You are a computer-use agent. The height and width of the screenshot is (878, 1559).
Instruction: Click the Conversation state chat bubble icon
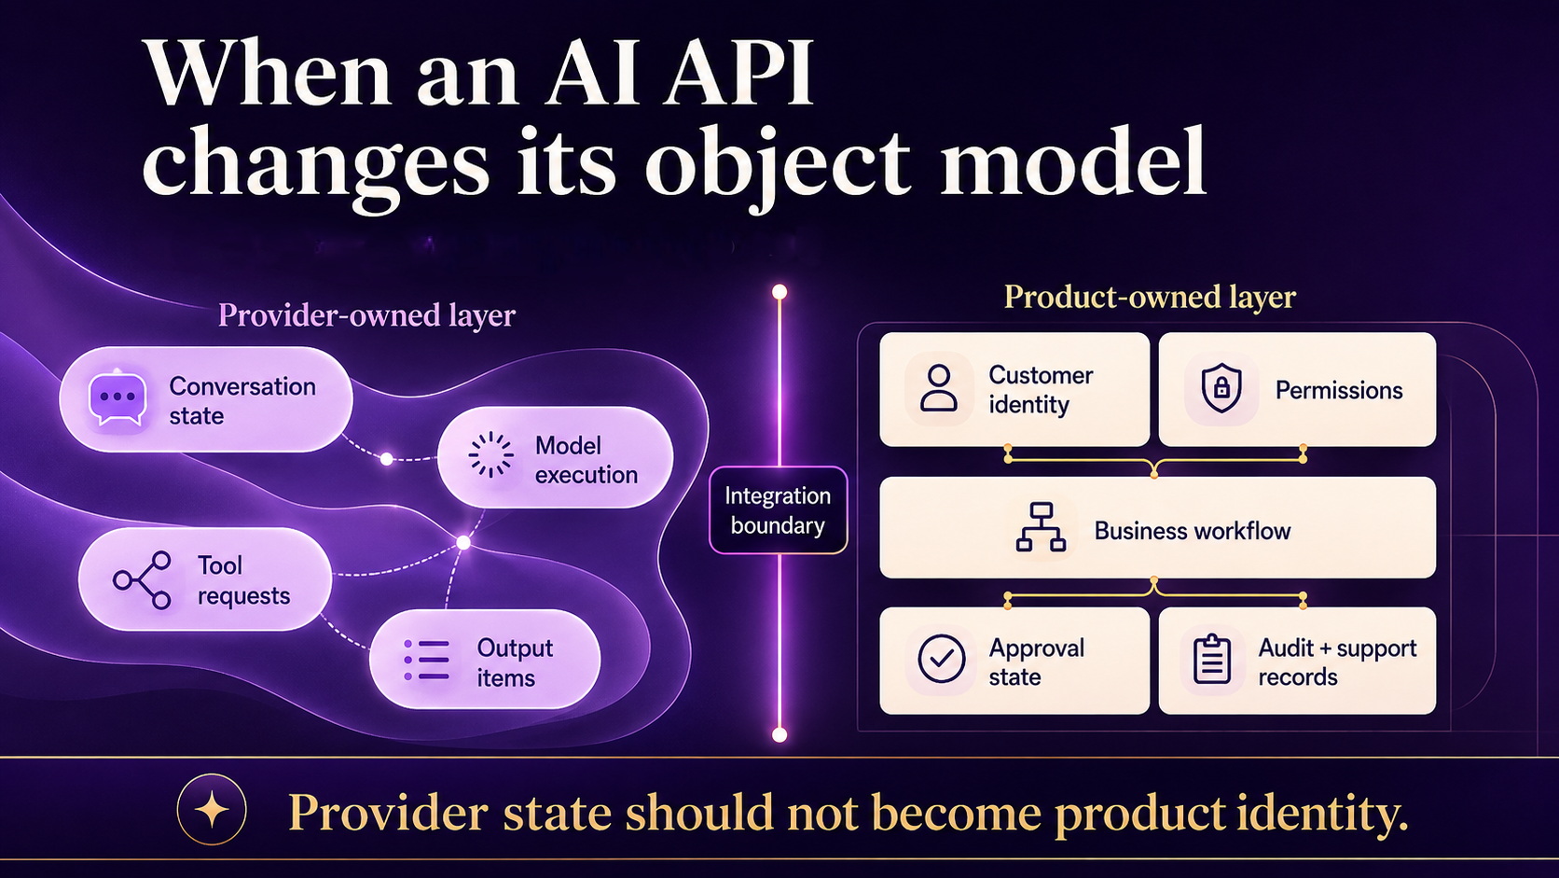[x=117, y=398]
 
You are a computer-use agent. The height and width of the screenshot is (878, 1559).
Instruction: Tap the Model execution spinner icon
[x=490, y=454]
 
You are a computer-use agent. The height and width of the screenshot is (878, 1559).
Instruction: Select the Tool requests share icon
[x=143, y=580]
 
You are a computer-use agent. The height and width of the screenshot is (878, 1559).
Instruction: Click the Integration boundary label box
[x=779, y=510]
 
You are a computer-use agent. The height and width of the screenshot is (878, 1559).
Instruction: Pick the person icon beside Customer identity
[x=938, y=388]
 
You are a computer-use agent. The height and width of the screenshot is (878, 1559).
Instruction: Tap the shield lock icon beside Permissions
[x=1221, y=388]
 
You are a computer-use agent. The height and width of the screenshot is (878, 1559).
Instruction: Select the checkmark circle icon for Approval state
[x=941, y=658]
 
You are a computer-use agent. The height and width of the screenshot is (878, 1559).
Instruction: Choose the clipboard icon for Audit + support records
[x=1212, y=659]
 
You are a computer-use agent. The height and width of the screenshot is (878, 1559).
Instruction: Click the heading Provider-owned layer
[x=366, y=314]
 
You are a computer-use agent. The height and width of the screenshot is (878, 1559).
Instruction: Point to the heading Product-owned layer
[x=1150, y=298]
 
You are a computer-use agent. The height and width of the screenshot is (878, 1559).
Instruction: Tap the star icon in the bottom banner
[x=212, y=810]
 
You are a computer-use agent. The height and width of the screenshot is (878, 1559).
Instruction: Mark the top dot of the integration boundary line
[x=779, y=292]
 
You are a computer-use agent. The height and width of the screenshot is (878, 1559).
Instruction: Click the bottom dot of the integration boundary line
[x=779, y=734]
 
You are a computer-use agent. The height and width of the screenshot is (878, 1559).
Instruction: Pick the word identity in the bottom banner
[x=1321, y=813]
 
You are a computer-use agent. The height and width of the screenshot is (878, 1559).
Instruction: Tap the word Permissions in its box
[x=1338, y=390]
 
